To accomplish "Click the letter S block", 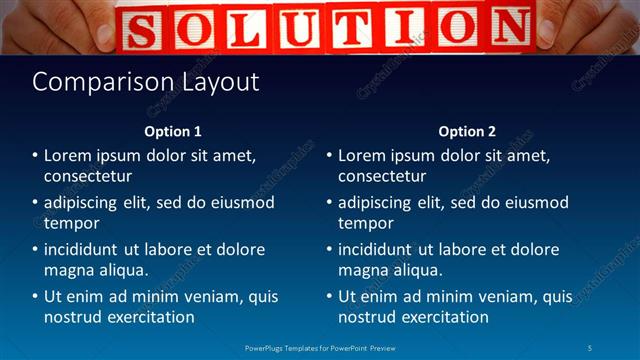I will click(x=142, y=28).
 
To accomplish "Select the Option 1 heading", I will click(x=173, y=132).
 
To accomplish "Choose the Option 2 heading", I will click(x=467, y=132).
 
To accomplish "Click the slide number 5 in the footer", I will click(x=590, y=347).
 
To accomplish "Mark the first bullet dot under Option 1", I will click(x=35, y=156).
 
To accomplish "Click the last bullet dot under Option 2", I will click(x=329, y=297).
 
